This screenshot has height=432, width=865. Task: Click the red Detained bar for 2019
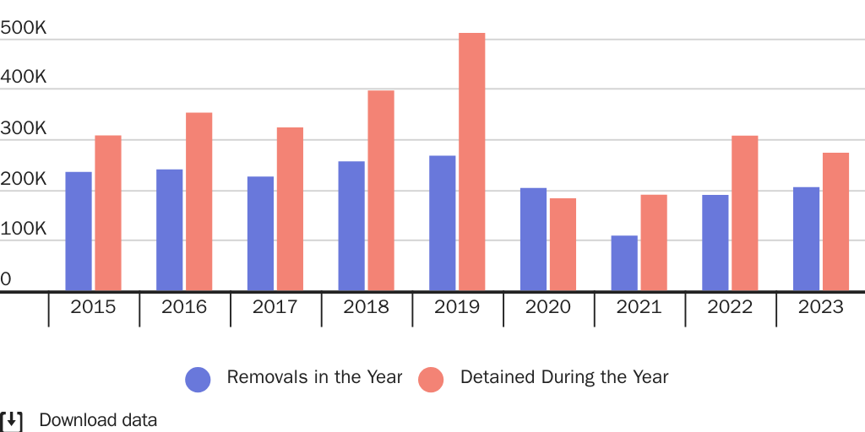(x=471, y=162)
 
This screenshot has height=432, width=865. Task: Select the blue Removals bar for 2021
(x=624, y=263)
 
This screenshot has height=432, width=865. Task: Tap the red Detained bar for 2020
(x=563, y=245)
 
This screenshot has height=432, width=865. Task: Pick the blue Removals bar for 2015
(x=79, y=231)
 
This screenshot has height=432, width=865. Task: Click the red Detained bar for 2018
(x=381, y=191)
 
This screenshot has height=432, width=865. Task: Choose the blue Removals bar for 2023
(x=806, y=239)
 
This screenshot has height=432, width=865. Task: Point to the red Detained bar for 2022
(x=744, y=213)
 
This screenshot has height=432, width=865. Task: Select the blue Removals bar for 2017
(x=260, y=234)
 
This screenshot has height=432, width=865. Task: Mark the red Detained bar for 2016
(x=199, y=202)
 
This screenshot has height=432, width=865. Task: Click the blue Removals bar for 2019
(x=442, y=224)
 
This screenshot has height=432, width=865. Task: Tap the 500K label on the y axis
(x=24, y=28)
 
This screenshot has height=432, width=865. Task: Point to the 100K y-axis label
(x=24, y=229)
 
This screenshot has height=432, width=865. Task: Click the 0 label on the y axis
(x=6, y=279)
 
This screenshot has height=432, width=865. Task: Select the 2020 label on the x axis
(x=548, y=307)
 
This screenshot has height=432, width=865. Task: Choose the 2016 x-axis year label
(x=184, y=307)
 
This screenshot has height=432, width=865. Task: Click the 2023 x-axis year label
(x=820, y=307)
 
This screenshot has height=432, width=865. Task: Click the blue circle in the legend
(x=198, y=379)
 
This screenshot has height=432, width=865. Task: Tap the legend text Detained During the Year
(x=563, y=377)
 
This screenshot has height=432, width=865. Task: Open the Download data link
(x=98, y=420)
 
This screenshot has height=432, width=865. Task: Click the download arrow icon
(x=12, y=420)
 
